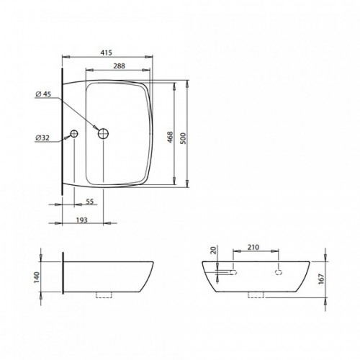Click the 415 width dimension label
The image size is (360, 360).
click(107, 53)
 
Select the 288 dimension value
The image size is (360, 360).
click(120, 66)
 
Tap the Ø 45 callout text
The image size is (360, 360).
click(43, 94)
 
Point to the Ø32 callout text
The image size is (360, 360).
click(42, 138)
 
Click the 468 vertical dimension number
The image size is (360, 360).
click(170, 137)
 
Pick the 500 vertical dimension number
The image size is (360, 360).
click(183, 138)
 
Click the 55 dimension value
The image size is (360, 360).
click(89, 202)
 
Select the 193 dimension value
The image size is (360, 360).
click(82, 220)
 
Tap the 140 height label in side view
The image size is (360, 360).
click(37, 277)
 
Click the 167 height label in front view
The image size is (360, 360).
click(322, 279)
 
